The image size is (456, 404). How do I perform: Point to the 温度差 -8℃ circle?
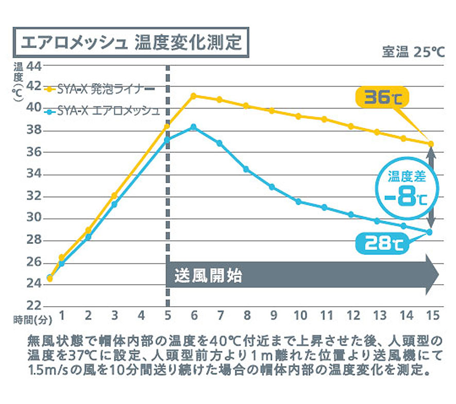407,189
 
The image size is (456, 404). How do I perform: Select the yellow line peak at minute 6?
193,96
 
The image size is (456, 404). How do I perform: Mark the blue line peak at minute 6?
193,127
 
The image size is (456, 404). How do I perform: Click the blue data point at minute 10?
298,202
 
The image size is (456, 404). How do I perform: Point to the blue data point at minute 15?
430,232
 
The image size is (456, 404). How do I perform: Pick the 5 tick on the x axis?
167,315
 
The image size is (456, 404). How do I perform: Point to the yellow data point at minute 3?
114,196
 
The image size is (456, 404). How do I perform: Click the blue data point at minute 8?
246,169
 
